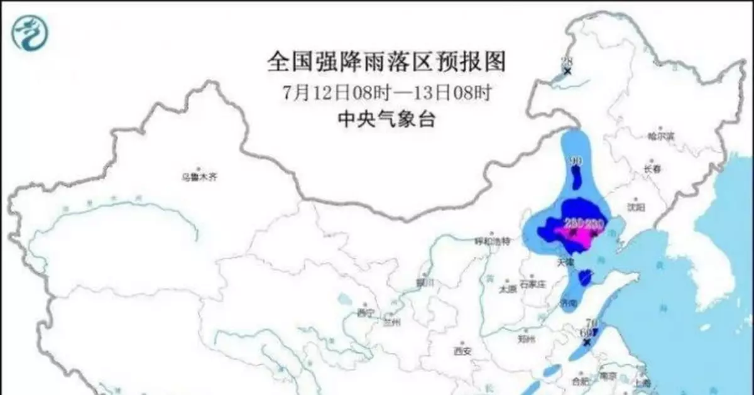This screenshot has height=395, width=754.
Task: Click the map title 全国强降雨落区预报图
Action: pos(386,62)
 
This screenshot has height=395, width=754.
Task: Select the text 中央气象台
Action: pos(386,119)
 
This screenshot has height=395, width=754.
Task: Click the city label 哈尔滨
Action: pos(660,136)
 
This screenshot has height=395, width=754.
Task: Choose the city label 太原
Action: pos(507,289)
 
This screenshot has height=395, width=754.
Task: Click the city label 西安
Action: pos(462,351)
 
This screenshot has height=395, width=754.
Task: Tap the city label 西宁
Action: pos(365,312)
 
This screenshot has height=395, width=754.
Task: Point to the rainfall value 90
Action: pos(575,161)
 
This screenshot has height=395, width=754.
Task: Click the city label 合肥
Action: pos(581,381)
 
